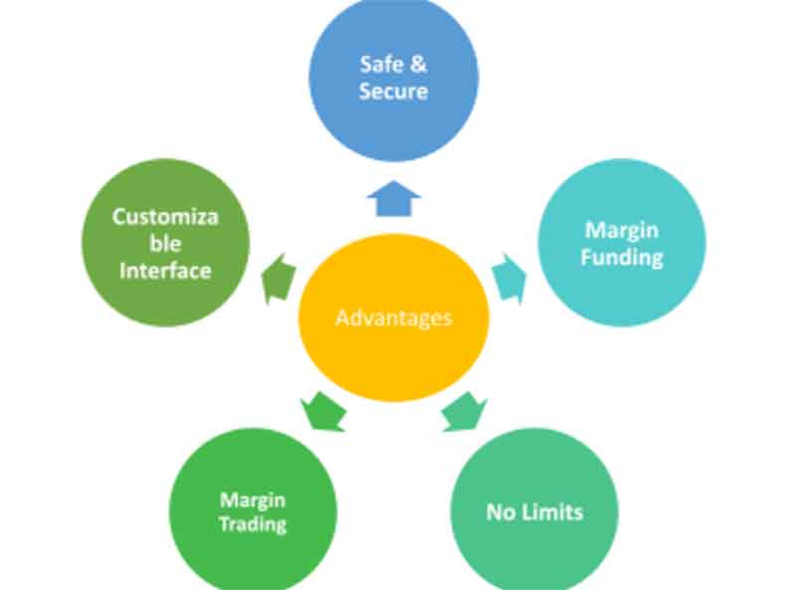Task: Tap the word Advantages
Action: (x=394, y=318)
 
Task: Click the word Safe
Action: (x=377, y=65)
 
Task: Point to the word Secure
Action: (x=394, y=92)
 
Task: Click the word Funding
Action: (x=622, y=257)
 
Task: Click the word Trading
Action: (x=253, y=524)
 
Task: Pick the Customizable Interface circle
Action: (x=165, y=242)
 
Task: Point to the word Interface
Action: (x=165, y=270)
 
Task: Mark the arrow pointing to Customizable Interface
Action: (x=278, y=279)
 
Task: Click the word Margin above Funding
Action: (x=622, y=230)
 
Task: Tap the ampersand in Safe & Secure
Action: (x=420, y=65)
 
